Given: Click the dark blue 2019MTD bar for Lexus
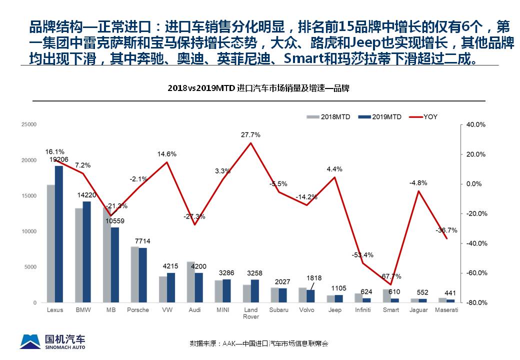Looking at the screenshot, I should (x=59, y=234).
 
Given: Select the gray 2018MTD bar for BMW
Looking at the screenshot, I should (x=79, y=255).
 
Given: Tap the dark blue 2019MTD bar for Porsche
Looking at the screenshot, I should (x=143, y=275).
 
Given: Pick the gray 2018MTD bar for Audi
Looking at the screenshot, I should (x=190, y=282).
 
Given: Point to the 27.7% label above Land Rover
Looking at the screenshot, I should (x=250, y=135).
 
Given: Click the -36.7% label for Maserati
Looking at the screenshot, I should (x=446, y=230).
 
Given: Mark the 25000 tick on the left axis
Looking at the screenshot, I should (x=29, y=124).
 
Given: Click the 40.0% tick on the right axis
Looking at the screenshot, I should (x=476, y=124).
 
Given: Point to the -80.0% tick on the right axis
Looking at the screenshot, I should (x=476, y=303).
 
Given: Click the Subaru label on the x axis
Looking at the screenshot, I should (x=278, y=310).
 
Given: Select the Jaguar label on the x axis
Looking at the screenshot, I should (x=418, y=310).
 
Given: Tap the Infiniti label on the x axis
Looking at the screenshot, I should (x=362, y=310).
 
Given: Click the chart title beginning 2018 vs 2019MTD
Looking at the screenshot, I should (x=258, y=88).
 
